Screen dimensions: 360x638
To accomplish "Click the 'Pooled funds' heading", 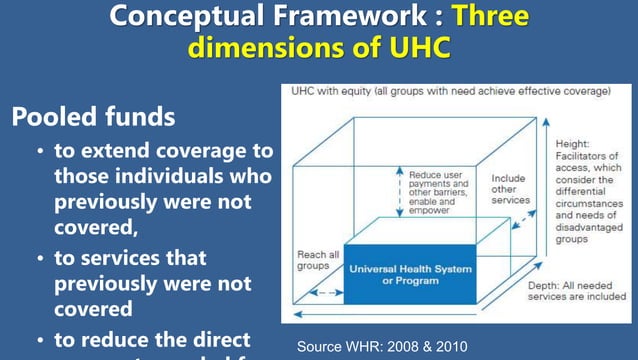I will click(93, 116).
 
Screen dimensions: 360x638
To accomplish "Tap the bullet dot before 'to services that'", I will click(39, 259).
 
